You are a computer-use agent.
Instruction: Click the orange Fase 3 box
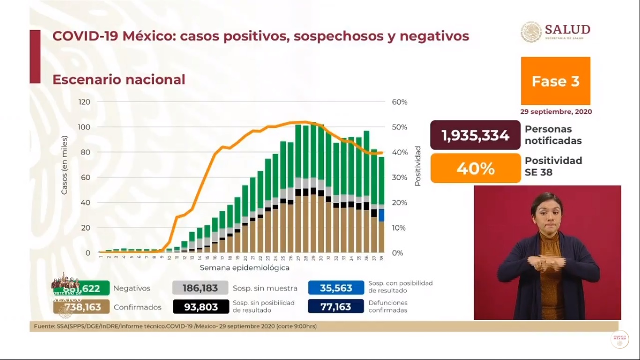pos(555,81)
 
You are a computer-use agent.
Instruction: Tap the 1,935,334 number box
pos(475,135)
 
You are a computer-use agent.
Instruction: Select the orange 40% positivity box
pos(475,168)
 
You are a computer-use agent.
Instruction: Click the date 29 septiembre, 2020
pos(556,112)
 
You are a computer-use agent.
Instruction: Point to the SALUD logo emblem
pos(531,32)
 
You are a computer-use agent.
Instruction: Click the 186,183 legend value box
pos(200,288)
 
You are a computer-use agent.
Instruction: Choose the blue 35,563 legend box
pos(336,288)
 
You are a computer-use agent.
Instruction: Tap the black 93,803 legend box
pos(201,307)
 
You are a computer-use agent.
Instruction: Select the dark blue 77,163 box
pos(336,307)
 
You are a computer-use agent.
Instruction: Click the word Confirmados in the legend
pos(137,307)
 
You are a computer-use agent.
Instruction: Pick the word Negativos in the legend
pos(132,288)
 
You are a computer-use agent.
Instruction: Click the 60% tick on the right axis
pos(399,102)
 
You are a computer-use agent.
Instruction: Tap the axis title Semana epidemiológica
pos(244,268)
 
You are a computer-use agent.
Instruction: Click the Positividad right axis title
pos(417,166)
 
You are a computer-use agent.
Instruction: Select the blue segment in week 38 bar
pos(382,215)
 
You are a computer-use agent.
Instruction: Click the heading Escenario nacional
pos(119,79)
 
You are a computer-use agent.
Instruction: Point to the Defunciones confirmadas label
pos(387,307)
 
